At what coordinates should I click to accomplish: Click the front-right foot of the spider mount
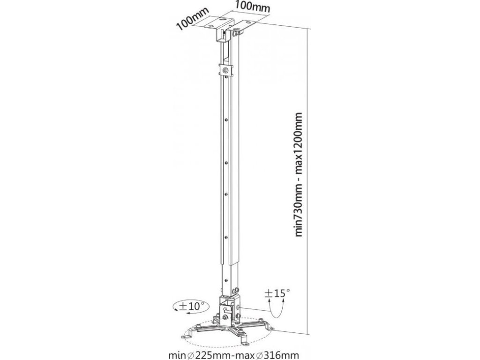pos(244,336)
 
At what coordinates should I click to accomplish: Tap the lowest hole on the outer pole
pos(227,237)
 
